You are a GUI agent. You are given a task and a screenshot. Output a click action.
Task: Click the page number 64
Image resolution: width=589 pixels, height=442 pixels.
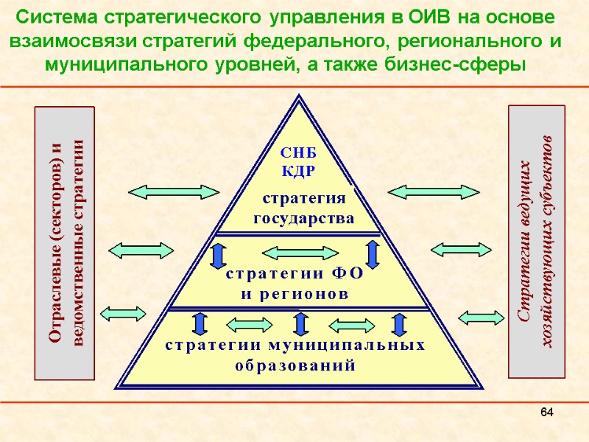546,410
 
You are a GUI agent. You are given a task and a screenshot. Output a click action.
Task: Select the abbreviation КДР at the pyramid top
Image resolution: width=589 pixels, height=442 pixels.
299,171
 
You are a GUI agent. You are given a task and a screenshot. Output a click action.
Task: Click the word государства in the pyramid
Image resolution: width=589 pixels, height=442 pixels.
304,219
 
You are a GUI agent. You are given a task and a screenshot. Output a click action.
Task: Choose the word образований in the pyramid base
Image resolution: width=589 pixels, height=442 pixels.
294,365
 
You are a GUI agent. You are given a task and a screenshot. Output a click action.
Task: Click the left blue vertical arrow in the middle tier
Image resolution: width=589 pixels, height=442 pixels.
219,254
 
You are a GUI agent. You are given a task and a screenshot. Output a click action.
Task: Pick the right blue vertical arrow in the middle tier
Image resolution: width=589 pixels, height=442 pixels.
372,253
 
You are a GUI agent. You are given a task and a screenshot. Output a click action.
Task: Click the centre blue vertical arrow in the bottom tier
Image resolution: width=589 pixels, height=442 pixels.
300,324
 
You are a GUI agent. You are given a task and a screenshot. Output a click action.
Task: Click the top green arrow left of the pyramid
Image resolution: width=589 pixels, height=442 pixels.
173,192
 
